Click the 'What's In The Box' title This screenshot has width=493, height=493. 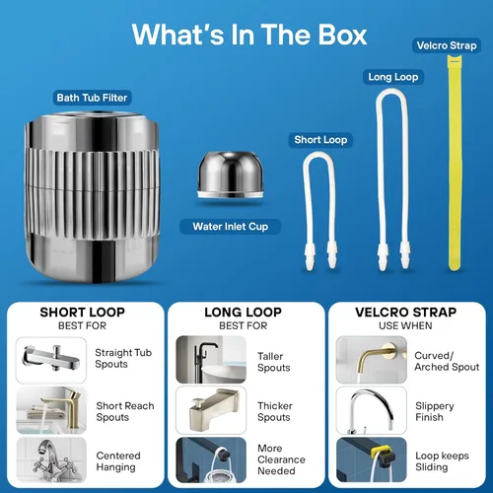tap(249, 35)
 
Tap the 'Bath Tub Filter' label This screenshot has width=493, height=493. tap(92, 98)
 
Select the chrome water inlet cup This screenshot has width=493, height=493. tap(231, 175)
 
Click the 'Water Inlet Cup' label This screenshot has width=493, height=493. tap(231, 227)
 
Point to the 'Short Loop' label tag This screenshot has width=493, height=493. tap(320, 140)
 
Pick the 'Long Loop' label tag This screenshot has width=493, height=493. tap(393, 77)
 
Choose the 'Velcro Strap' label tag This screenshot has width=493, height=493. tap(447, 45)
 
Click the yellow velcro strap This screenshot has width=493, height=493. tap(455, 163)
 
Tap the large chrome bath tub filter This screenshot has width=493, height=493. tap(92, 197)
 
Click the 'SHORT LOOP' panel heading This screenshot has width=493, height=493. tap(82, 313)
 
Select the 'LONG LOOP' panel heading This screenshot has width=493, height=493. tap(243, 313)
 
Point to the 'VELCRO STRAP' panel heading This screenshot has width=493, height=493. tap(405, 313)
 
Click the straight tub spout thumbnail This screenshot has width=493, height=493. tap(51, 360)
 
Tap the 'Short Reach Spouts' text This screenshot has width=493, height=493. tap(125, 411)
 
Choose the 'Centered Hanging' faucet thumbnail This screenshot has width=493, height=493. tap(51, 459)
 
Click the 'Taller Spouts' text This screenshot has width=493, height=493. tap(274, 362)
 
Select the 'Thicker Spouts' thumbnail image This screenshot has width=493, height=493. tap(211, 410)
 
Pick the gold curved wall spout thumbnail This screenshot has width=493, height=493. tap(372, 360)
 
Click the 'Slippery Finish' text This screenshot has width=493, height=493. tap(435, 411)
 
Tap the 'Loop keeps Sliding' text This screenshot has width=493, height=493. tap(442, 461)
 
